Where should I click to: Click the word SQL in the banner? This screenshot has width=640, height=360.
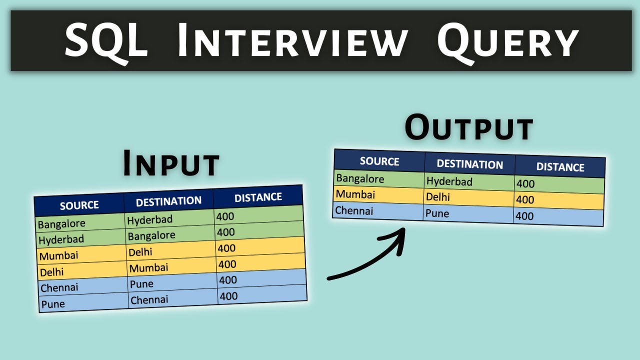tap(106, 41)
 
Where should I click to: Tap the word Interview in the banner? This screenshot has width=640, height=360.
tap(292, 41)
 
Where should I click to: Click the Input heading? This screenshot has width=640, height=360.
tap(171, 163)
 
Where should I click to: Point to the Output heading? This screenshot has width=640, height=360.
tap(469, 127)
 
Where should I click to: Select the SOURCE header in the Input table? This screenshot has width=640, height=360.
tap(79, 205)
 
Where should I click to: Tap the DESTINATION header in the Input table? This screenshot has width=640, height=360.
tap(168, 201)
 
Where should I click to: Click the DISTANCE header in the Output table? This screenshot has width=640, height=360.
tap(560, 167)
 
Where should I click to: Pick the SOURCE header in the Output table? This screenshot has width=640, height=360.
tap(379, 161)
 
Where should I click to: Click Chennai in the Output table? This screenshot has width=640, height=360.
tap(354, 210)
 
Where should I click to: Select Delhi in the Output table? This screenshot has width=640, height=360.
tap(437, 197)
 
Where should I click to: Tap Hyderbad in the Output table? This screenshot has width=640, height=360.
tap(449, 181)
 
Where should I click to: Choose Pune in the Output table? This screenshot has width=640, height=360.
tap(437, 213)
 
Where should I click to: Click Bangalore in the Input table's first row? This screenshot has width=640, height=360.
tap(61, 223)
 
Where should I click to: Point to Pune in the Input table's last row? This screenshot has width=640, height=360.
tap(53, 303)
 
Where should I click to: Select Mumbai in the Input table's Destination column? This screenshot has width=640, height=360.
tap(148, 268)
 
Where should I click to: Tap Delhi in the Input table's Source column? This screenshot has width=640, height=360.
tap(52, 272)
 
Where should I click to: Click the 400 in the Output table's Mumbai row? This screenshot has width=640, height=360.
tap(525, 200)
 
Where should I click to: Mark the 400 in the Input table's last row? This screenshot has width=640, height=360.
tap(228, 296)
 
